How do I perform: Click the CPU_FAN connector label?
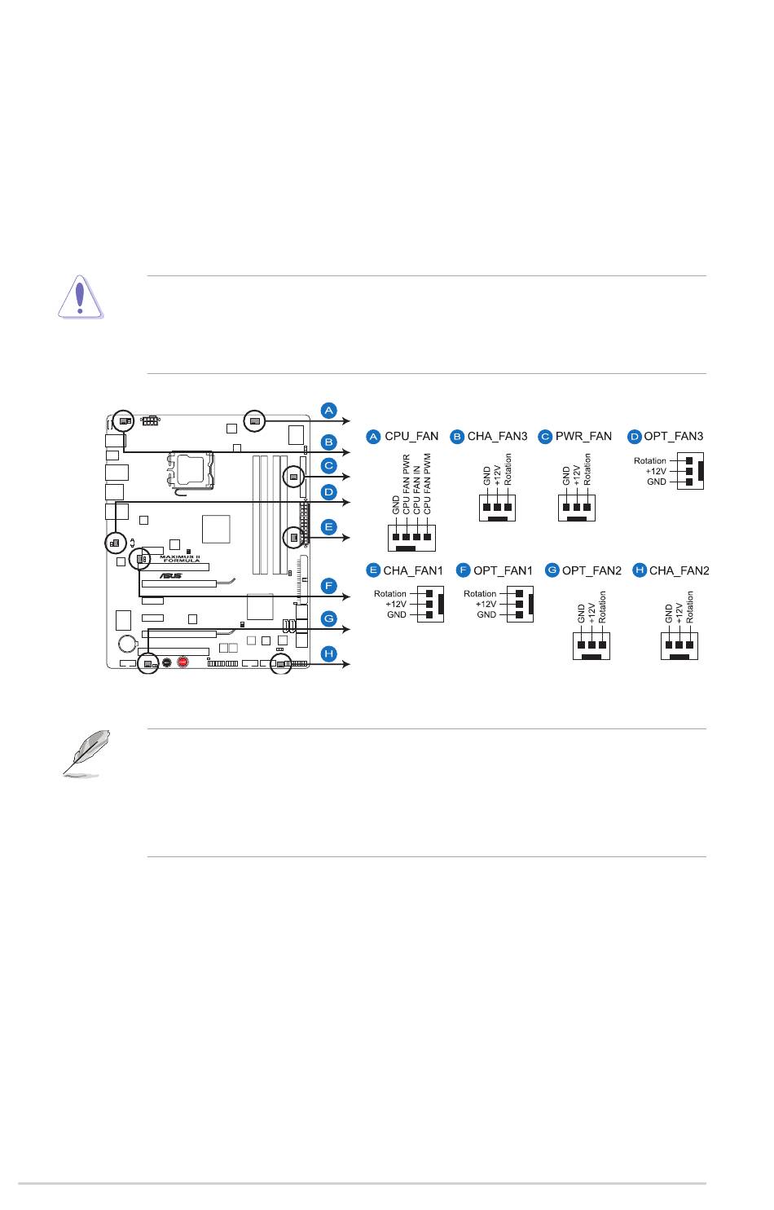click(411, 437)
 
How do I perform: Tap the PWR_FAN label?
click(583, 437)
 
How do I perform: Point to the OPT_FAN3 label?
click(673, 437)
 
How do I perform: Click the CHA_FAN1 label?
click(412, 570)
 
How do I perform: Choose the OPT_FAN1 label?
click(503, 570)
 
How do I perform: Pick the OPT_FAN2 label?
click(591, 570)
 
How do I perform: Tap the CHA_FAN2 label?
click(679, 570)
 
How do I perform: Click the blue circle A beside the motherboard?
click(328, 409)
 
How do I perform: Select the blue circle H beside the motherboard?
click(328, 653)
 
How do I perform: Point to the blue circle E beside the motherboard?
click(328, 526)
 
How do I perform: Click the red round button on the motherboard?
click(183, 662)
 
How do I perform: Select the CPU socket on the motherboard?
click(193, 472)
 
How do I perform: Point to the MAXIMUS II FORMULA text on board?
click(179, 558)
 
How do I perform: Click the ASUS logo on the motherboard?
click(170, 574)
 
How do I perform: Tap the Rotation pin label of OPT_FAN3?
click(650, 461)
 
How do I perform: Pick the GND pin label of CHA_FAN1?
click(397, 614)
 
